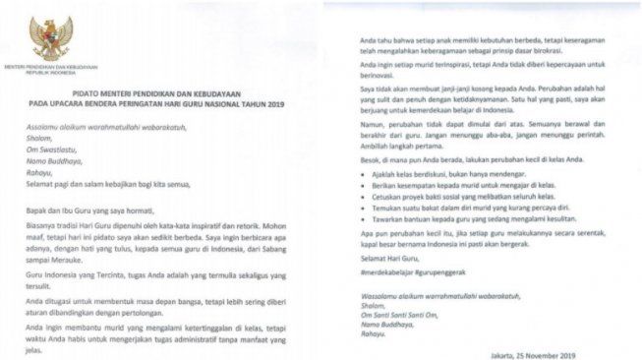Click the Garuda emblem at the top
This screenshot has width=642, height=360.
click(51, 36)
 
